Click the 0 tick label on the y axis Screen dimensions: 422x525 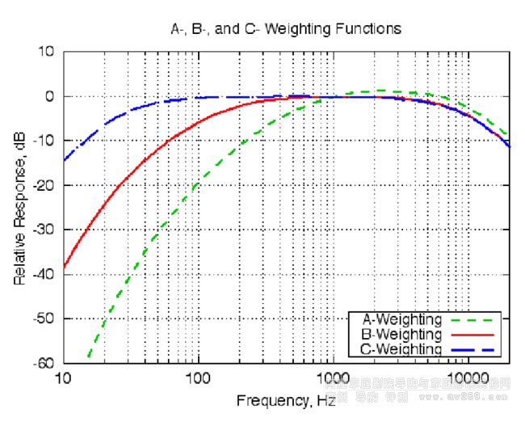tap(49, 96)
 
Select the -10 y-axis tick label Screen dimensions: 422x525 tap(44, 141)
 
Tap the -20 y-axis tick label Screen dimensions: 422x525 tap(44, 185)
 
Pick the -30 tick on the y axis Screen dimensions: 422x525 tap(44, 230)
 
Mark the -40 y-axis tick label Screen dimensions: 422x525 tap(44, 274)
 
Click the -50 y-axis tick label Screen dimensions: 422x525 tap(44, 319)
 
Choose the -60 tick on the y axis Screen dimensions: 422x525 tap(44, 363)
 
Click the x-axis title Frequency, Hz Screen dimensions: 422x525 tap(286, 400)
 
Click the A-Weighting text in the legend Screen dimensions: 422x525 tap(402, 319)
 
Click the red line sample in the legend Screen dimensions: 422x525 tap(473, 334)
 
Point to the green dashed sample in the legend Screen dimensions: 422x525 tap(473, 319)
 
